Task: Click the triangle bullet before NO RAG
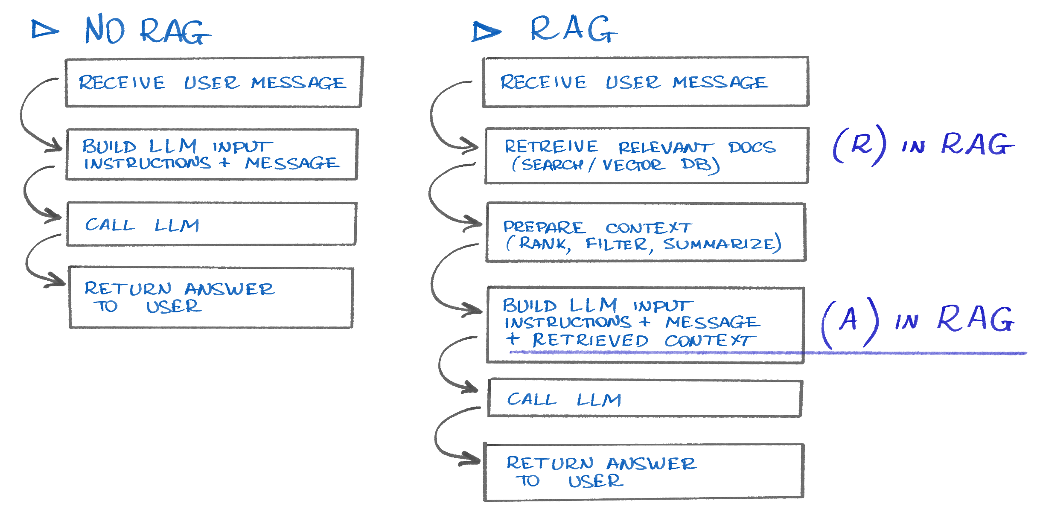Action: (44, 30)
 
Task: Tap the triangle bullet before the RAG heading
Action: (486, 32)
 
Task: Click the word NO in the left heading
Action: (105, 29)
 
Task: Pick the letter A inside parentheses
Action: (849, 320)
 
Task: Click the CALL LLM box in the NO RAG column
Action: (211, 224)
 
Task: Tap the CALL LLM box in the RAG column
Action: (644, 399)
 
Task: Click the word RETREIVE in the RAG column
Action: (551, 146)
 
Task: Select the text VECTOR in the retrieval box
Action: (633, 165)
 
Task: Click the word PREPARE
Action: (544, 227)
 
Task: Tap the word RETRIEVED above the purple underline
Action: (590, 340)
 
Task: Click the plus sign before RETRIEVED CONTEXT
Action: (513, 339)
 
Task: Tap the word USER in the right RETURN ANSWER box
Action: (596, 481)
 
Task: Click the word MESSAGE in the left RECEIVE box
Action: (298, 83)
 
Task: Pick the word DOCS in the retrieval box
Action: (752, 147)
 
